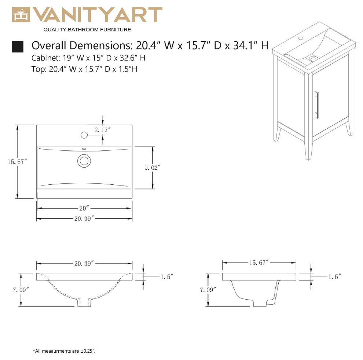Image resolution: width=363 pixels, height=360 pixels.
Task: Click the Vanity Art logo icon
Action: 21,15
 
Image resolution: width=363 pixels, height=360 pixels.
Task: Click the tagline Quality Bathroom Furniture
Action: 87,30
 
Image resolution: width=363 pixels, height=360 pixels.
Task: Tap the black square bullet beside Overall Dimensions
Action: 18,47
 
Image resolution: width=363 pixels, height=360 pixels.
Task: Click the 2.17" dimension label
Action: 102,130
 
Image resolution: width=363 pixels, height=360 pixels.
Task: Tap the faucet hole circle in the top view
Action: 84,135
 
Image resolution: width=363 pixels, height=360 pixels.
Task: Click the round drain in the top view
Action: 84,161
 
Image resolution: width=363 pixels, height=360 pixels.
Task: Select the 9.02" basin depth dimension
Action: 152,168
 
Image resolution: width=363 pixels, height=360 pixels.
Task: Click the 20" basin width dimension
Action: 84,208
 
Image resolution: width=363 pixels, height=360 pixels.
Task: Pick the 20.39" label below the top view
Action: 84,218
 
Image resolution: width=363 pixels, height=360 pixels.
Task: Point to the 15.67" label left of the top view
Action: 17,162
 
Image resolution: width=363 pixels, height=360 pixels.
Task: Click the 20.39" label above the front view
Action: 84,264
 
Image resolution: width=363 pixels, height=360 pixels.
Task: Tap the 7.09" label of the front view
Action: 21,290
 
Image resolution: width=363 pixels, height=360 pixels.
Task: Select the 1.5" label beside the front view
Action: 167,277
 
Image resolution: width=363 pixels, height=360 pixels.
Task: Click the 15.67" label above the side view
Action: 259,262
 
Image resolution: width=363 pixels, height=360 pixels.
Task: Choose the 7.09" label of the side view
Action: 208,290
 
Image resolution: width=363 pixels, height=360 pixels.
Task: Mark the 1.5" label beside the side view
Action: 335,277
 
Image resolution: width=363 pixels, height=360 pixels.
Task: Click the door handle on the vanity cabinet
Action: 317,105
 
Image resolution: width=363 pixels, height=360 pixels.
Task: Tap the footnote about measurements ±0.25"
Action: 64,351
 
